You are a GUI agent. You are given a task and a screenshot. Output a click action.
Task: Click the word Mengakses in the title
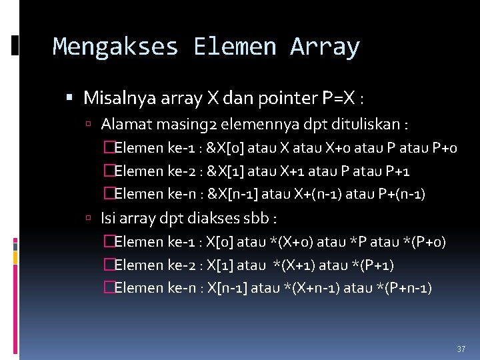pos(115,47)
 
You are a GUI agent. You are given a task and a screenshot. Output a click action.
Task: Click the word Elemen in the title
pos(234,47)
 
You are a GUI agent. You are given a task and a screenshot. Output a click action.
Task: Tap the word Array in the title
pos(325,47)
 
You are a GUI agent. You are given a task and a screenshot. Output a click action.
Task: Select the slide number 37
pos(461,349)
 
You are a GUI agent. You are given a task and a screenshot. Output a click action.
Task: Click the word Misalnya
pos(113,99)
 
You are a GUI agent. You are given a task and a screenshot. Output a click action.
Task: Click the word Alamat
pos(121,124)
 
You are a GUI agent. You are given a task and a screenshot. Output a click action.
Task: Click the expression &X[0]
pos(225,148)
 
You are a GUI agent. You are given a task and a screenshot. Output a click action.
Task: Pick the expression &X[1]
pos(225,171)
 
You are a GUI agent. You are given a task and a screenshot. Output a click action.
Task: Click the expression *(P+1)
pos(368,265)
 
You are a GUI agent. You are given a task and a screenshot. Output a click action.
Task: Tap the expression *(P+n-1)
pos(400,288)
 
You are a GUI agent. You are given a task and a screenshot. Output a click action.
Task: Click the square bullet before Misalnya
pos(71,99)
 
